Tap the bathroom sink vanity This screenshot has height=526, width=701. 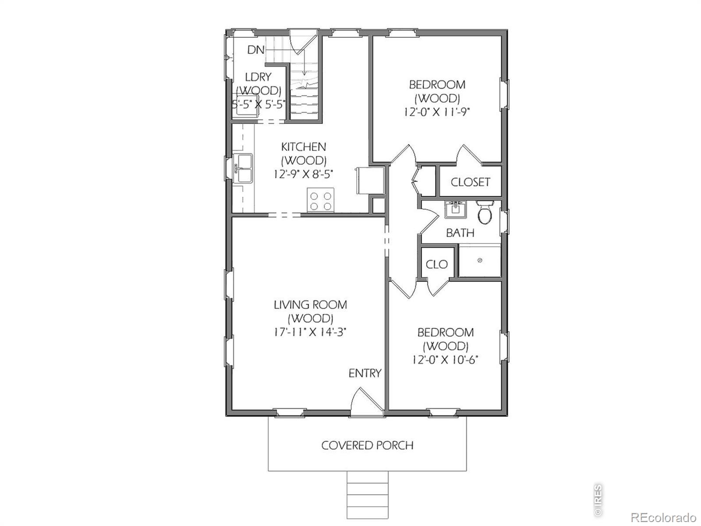pos(455,209)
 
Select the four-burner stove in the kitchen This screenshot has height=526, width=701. pos(321,200)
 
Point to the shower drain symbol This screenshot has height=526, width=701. pos(479,260)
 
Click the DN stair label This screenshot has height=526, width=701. pos(256,50)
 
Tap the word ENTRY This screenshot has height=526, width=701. pos(365,373)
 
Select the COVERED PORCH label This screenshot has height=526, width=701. pos(367,445)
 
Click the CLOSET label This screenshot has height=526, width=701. pos(470,182)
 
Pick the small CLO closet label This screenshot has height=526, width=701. pos(436,264)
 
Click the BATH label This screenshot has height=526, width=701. pos(460,233)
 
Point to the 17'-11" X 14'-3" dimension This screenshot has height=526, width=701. pos(310,332)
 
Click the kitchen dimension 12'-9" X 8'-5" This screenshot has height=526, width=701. pos(303,174)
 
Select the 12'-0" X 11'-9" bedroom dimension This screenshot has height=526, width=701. pos(437,112)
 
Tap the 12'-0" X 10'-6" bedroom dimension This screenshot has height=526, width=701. pos(445,360)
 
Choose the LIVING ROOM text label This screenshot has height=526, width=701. pos(311,305)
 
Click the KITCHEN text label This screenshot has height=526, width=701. pos(303,147)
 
